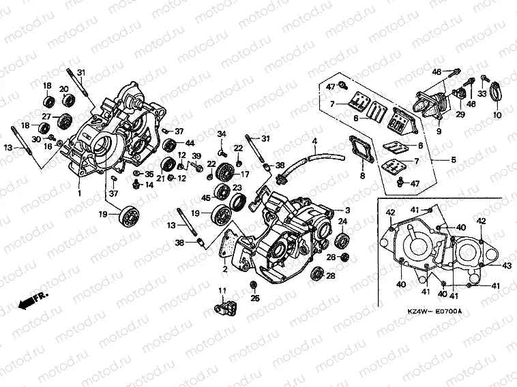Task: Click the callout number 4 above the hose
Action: click(x=314, y=142)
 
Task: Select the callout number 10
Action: click(x=497, y=116)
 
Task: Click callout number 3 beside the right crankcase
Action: click(x=347, y=211)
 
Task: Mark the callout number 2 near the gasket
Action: click(x=224, y=270)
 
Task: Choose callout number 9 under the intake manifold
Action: click(x=439, y=131)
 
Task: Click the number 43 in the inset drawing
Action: click(x=506, y=265)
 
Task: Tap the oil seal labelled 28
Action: click(x=316, y=274)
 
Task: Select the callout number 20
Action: click(x=63, y=89)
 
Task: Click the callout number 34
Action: click(x=222, y=133)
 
